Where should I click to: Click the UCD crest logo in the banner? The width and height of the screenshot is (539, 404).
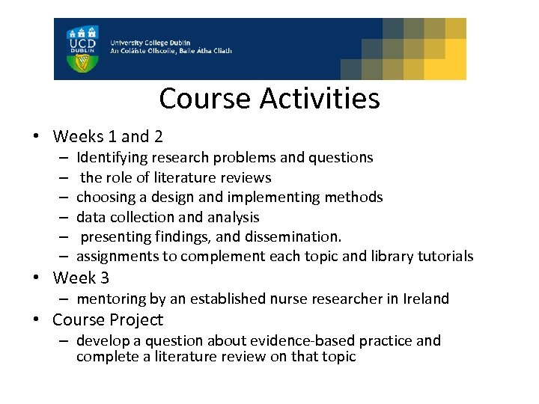point(82,49)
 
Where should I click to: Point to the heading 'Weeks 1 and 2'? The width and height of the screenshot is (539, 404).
point(108,137)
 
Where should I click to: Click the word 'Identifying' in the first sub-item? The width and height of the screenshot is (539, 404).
point(112,158)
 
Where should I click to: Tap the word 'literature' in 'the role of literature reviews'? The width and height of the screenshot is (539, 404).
point(187,178)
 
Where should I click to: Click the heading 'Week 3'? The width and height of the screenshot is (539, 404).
point(81,278)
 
